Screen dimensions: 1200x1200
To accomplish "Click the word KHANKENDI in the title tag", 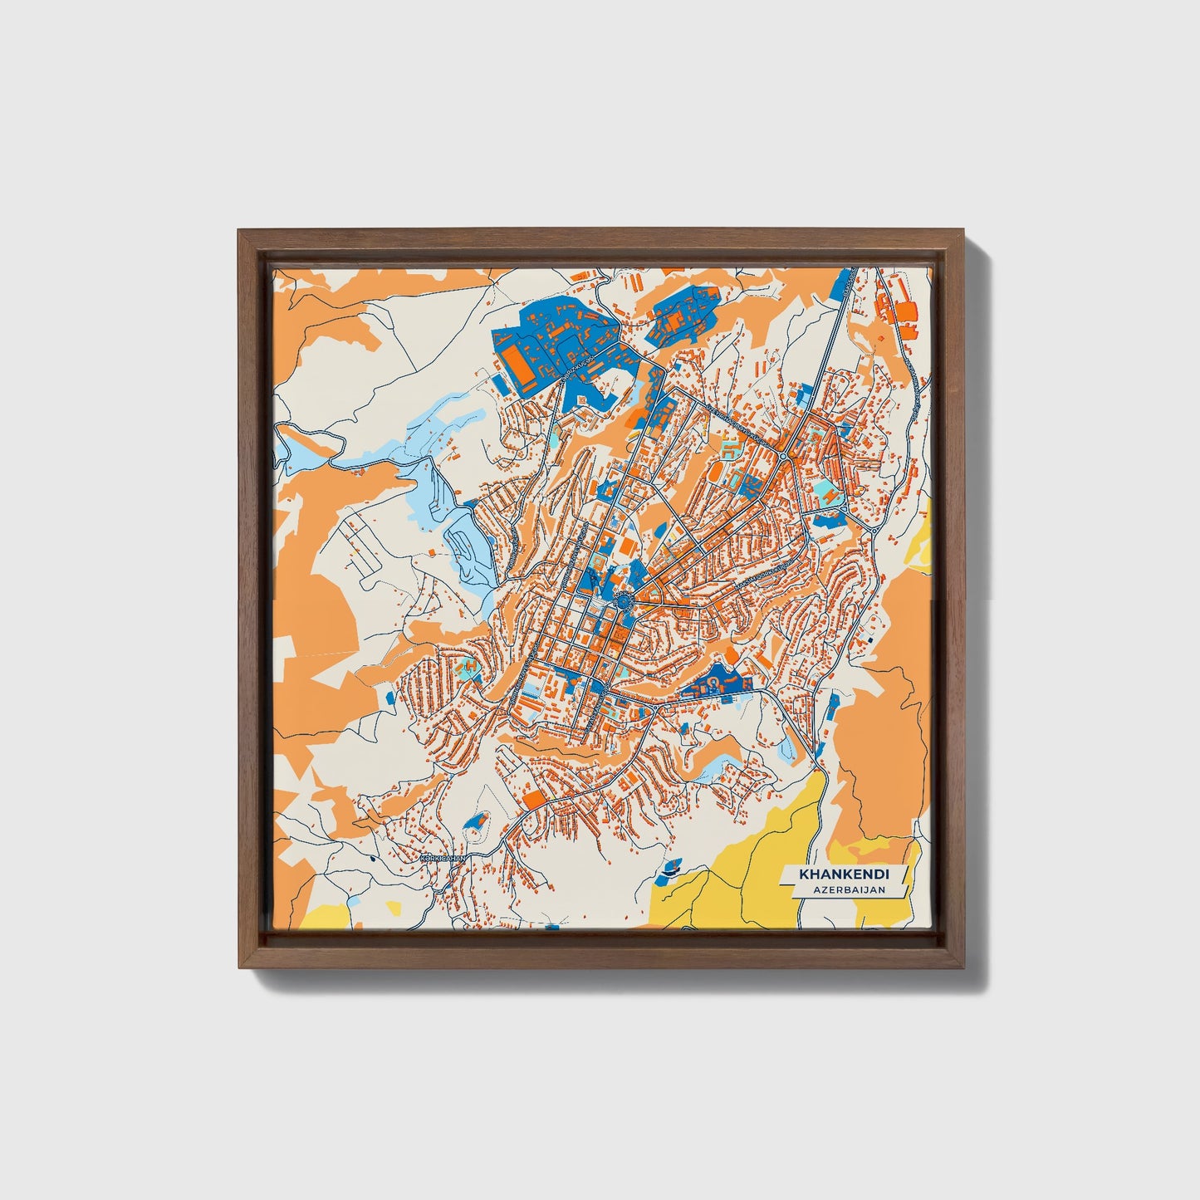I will click(844, 874).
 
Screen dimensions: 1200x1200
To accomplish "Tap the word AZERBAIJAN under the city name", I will click(849, 889).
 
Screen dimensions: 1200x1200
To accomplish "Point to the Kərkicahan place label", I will click(443, 859).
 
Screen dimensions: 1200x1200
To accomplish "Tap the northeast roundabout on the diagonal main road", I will click(783, 456).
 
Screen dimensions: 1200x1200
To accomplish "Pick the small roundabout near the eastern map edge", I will click(875, 528).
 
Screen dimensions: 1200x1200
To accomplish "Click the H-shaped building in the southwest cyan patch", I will click(470, 665).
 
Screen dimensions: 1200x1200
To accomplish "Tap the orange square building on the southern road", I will click(536, 799).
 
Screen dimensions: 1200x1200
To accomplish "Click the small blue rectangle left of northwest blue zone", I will click(498, 379).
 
